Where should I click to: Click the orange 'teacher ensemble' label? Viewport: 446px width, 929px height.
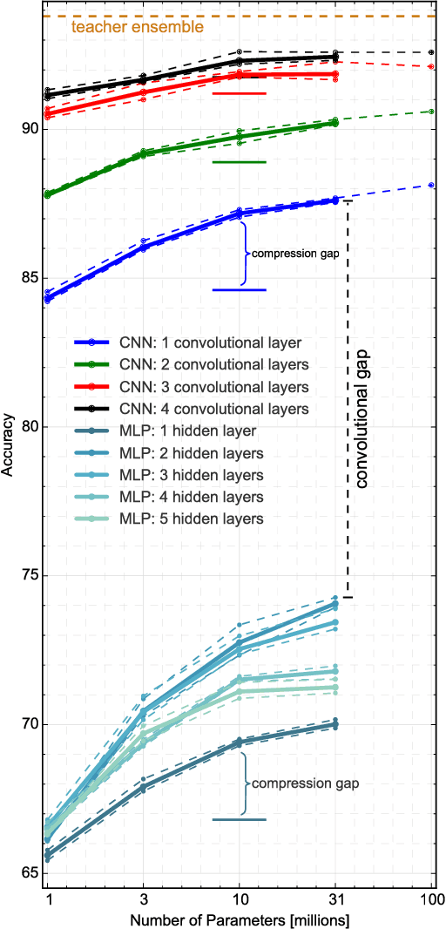[138, 28]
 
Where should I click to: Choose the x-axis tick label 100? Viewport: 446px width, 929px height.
[432, 898]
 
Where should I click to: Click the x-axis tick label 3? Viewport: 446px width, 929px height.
[144, 898]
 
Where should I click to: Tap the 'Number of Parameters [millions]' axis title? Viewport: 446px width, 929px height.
[240, 919]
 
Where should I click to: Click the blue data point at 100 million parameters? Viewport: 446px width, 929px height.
[432, 186]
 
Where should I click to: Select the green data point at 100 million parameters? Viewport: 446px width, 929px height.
[432, 112]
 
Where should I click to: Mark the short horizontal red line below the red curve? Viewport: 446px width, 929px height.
[240, 92]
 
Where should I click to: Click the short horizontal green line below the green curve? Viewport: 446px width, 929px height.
[240, 161]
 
